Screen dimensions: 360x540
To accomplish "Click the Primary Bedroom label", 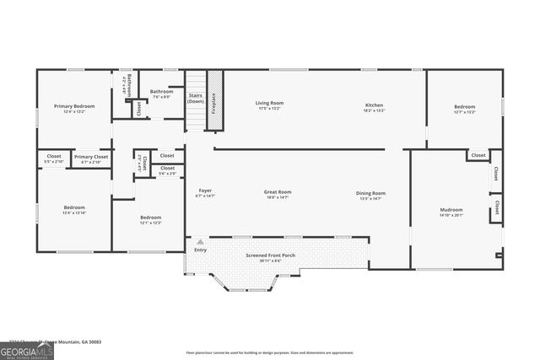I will click(74, 106).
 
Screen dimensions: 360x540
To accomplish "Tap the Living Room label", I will click(269, 104).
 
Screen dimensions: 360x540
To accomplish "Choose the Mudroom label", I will click(451, 209).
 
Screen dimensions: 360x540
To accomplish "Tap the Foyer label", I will click(205, 191).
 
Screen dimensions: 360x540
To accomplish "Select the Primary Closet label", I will click(90, 157).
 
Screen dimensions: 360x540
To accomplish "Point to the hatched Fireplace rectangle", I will click(214, 100).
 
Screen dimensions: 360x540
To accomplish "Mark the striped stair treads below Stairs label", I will click(196, 118).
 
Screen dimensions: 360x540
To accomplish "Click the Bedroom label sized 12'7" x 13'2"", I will click(465, 107).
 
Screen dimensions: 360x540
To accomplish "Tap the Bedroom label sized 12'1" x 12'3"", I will click(150, 218).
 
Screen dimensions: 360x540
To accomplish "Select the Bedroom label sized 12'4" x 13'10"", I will click(74, 207).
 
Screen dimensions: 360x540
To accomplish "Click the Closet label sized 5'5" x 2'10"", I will click(53, 157).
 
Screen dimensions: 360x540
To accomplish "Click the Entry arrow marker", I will click(200, 242).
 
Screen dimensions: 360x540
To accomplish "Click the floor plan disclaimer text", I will click(269, 352).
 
